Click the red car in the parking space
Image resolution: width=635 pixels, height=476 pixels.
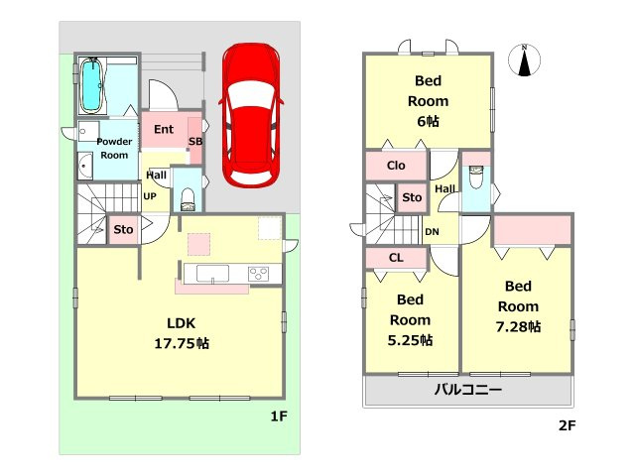[x=251, y=115]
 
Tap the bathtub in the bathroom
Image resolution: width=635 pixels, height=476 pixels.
[x=92, y=85]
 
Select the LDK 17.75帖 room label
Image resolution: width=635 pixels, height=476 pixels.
[x=182, y=333]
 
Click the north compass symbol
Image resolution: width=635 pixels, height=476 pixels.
[x=525, y=60]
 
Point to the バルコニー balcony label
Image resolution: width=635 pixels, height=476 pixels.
[x=468, y=390]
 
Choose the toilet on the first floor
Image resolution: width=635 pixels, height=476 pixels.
[x=188, y=199]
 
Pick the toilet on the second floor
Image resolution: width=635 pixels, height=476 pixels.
[x=476, y=177]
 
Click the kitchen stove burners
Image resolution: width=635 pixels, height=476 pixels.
[x=259, y=274]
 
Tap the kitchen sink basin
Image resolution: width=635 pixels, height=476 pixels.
[x=212, y=274]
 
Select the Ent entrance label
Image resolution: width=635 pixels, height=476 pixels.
[x=164, y=130]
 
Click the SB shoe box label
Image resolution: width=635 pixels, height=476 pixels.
[x=195, y=141]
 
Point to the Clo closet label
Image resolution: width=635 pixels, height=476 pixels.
[x=396, y=166]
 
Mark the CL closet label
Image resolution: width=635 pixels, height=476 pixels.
[x=396, y=258]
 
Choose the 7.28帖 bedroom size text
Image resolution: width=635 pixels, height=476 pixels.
[x=518, y=326]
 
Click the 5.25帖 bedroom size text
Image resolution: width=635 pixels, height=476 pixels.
[x=410, y=340]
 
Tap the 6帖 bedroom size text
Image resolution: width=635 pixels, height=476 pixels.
[x=428, y=121]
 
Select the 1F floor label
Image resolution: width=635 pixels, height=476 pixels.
[x=279, y=416]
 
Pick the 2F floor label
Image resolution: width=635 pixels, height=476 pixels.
[x=567, y=425]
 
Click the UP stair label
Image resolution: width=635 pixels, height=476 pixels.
[x=150, y=196]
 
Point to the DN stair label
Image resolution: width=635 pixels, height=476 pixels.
[x=432, y=232]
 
